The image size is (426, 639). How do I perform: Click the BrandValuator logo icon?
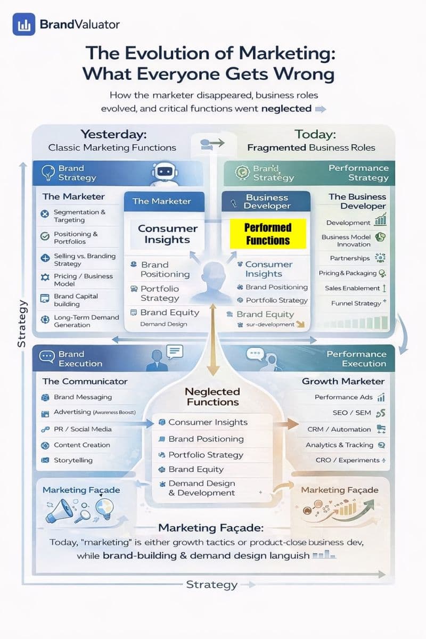24,24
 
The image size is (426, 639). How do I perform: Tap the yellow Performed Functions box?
268,234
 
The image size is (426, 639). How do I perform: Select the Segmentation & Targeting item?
79,216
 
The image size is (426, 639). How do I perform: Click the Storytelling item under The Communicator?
73,460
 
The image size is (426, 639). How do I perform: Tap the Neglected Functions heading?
212,397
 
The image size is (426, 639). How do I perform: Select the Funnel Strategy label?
356,303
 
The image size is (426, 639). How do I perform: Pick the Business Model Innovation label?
346,241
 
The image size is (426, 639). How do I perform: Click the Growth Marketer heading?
343,381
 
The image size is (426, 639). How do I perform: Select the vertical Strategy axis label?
22,323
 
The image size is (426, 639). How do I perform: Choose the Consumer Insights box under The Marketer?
167,234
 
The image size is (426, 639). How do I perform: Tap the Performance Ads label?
343,397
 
